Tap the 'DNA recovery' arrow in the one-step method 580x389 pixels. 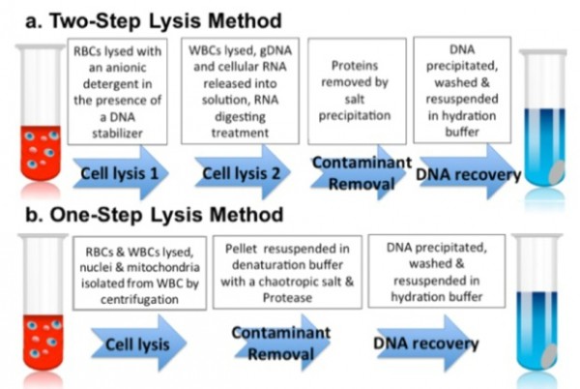tap(425, 344)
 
